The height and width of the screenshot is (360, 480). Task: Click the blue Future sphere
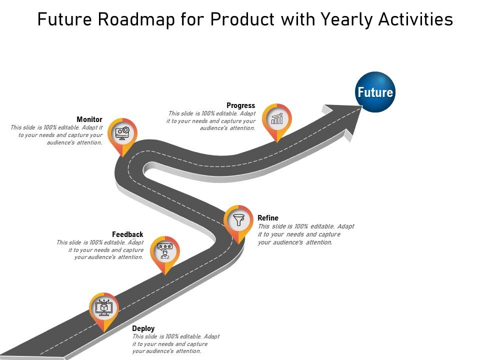click(x=375, y=92)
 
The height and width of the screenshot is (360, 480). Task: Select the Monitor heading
click(x=89, y=119)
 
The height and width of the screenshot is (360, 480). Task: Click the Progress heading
click(x=240, y=105)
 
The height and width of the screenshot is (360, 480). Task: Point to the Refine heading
click(x=268, y=218)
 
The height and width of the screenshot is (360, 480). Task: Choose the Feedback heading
click(x=127, y=234)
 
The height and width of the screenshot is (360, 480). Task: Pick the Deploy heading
click(x=143, y=328)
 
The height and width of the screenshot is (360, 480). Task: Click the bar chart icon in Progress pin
click(x=276, y=118)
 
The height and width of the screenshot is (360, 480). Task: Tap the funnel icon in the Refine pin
click(x=238, y=219)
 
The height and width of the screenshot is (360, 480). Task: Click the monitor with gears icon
click(x=122, y=133)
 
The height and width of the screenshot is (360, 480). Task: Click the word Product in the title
click(x=242, y=19)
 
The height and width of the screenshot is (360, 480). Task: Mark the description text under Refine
click(x=305, y=234)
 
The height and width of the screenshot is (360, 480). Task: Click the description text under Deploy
click(x=175, y=344)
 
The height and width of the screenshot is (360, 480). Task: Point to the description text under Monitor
click(x=56, y=135)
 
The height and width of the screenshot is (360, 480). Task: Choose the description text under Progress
click(x=211, y=121)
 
